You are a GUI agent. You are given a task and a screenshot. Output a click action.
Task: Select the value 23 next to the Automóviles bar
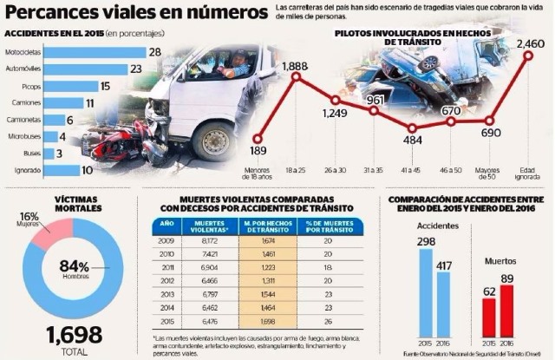click(136, 69)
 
